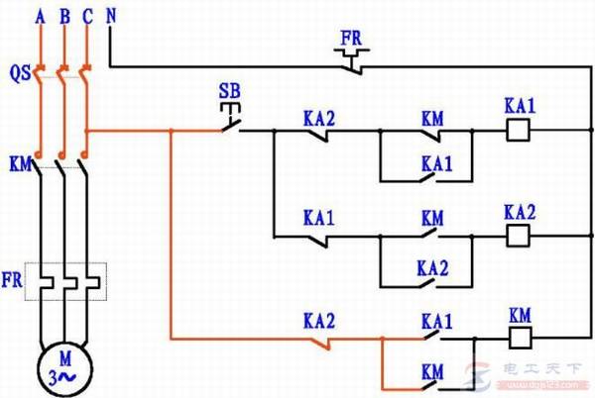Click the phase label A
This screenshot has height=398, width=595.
pos(40,15)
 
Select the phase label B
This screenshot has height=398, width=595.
pos(64,15)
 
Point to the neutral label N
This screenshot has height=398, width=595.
pos(110,15)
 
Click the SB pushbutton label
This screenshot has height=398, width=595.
pos(229,93)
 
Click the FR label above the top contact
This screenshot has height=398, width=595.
pos(351,39)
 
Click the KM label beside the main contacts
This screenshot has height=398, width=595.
pos(18,160)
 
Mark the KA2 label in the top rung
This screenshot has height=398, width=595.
pos(319,117)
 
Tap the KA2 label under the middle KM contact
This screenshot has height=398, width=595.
pos(433,268)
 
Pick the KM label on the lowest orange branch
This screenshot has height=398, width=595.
pos(433,372)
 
